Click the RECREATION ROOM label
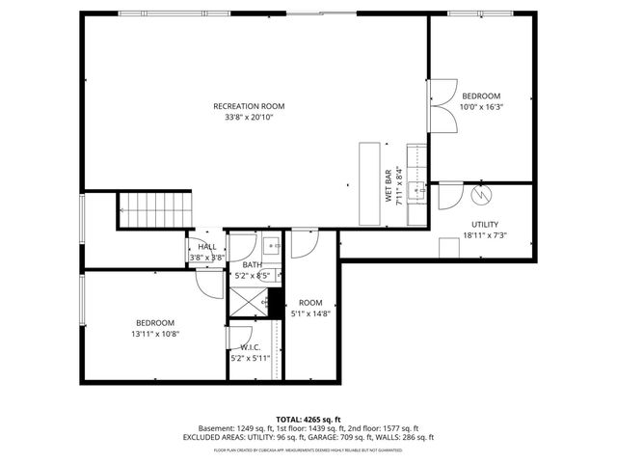(x=249, y=106)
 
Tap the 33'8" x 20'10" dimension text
(x=249, y=118)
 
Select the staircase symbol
(x=154, y=210)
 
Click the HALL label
(x=207, y=247)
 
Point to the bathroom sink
(x=270, y=244)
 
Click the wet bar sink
(x=417, y=188)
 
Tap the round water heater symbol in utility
(x=480, y=195)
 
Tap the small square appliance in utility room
(x=449, y=248)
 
